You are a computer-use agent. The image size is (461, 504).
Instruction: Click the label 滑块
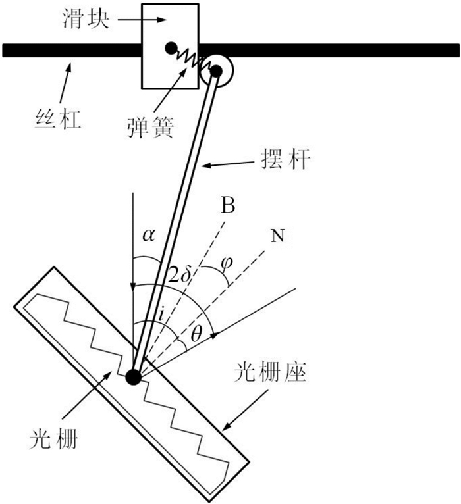[x=86, y=20]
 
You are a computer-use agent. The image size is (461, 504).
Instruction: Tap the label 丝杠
[x=58, y=120]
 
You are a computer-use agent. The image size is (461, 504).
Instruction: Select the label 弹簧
[x=151, y=128]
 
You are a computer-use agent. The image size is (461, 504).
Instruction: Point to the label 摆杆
[x=286, y=159]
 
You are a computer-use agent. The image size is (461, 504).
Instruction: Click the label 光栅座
[x=270, y=373]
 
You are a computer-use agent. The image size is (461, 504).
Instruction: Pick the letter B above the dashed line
[x=228, y=205]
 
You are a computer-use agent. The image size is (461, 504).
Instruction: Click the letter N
[x=278, y=236]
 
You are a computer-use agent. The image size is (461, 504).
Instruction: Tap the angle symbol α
[x=149, y=236]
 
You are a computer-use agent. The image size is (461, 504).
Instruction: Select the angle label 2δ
[x=178, y=274]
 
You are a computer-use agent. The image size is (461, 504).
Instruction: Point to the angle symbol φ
[x=227, y=263]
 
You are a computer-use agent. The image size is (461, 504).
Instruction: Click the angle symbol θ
[x=196, y=334]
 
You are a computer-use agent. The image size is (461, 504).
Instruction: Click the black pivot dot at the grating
[x=134, y=377]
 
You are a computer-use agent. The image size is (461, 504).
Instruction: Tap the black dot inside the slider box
[x=171, y=48]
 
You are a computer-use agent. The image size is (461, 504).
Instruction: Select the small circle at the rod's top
[x=216, y=71]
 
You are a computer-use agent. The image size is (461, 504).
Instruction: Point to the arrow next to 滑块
[x=142, y=20]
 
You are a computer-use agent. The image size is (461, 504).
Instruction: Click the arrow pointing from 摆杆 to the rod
[x=228, y=164]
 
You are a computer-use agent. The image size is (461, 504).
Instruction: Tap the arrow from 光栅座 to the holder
[x=245, y=410]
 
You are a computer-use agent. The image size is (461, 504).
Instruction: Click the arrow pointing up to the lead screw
[x=64, y=83]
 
